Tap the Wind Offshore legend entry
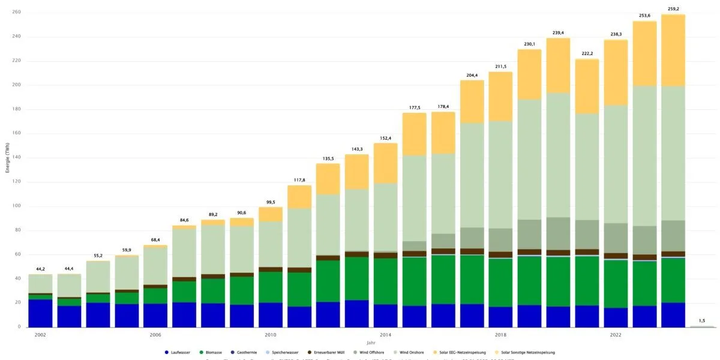(x=376, y=352)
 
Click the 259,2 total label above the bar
(x=673, y=9)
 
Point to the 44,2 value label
(x=40, y=269)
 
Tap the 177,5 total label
(x=414, y=107)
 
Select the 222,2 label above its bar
(x=587, y=53)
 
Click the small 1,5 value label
(x=701, y=321)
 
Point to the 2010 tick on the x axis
(x=271, y=334)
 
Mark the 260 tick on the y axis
(x=17, y=12)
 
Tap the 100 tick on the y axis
(x=17, y=206)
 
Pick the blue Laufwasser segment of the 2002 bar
(x=40, y=313)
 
